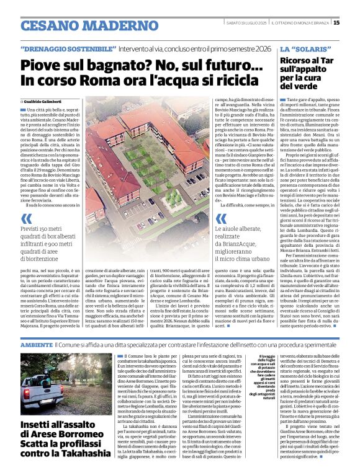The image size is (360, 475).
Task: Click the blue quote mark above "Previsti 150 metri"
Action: click(x=25, y=218)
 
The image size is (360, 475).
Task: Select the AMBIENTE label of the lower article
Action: click(x=36, y=344)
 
